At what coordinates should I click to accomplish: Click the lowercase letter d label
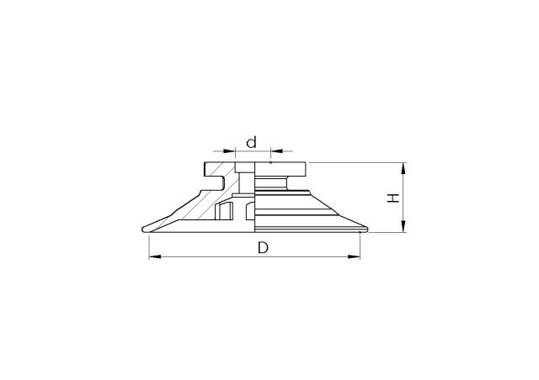click(251, 142)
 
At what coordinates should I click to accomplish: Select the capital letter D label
click(262, 250)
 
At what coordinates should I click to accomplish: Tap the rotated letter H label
click(392, 198)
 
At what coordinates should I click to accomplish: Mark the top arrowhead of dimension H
click(405, 167)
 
